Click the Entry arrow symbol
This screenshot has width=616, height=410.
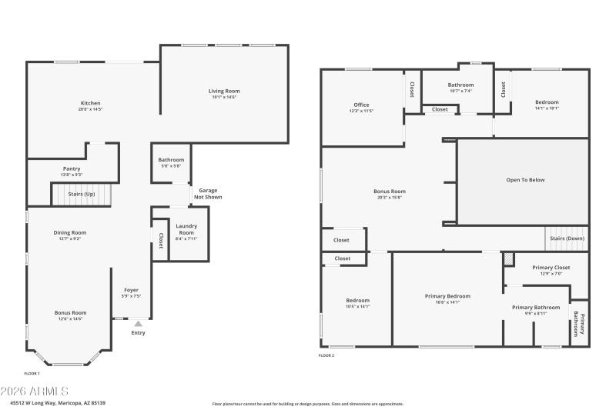tap(139, 324)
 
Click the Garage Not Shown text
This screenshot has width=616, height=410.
tap(209, 193)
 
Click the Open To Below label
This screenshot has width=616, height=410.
tap(525, 180)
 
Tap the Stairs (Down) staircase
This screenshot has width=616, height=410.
tap(567, 238)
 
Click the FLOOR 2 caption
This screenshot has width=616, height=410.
tap(326, 355)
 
